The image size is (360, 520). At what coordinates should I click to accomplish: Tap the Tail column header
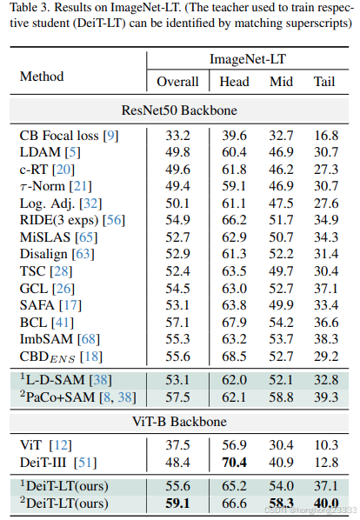click(x=326, y=83)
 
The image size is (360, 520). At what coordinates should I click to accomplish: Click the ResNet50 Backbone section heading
click(x=180, y=110)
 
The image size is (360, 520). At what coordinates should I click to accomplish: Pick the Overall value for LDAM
click(x=177, y=151)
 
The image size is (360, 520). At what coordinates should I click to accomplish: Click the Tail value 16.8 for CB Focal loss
click(x=326, y=135)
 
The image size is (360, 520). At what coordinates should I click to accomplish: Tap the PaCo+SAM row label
click(x=63, y=398)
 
